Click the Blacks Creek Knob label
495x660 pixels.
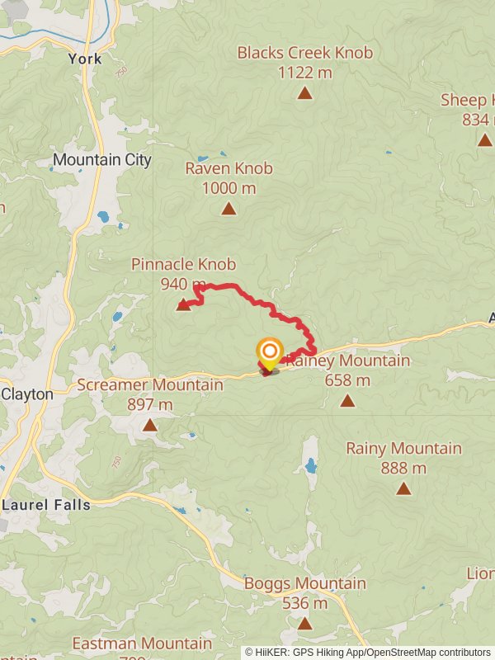(x=304, y=53)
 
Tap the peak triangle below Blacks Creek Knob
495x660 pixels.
(x=304, y=93)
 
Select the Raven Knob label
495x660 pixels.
(x=229, y=168)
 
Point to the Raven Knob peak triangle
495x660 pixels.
(x=229, y=209)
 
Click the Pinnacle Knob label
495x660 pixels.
(x=183, y=265)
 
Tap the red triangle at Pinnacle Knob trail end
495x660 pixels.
(x=183, y=306)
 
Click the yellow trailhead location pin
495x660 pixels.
(x=269, y=353)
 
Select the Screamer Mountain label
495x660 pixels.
(x=149, y=384)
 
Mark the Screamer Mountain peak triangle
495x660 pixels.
(x=149, y=425)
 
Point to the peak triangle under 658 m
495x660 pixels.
(x=347, y=401)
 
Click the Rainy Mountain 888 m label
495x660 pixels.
(x=403, y=449)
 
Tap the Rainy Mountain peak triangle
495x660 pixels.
(x=403, y=488)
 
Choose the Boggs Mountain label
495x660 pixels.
(x=304, y=583)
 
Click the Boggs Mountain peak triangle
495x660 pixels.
(x=304, y=623)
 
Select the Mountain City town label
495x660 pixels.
(x=102, y=159)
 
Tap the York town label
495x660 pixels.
(x=86, y=59)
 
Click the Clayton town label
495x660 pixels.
(x=27, y=394)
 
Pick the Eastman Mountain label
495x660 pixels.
(x=141, y=643)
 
